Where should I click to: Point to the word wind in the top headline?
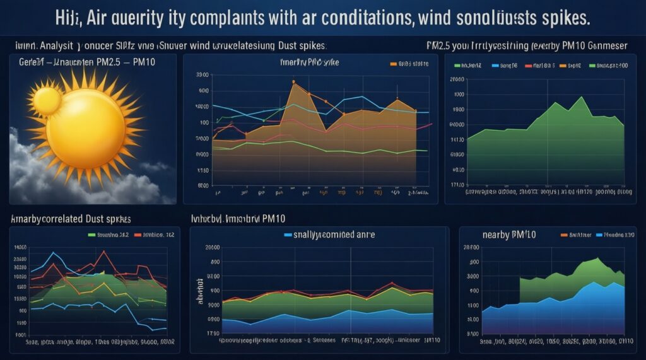tap(437, 18)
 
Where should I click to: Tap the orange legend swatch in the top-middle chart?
tap(393, 64)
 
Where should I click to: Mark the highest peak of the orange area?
tap(294, 83)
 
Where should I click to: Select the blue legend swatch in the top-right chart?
tap(495, 65)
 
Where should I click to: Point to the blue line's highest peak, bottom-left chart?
tap(54, 253)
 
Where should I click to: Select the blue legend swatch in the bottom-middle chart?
tap(288, 235)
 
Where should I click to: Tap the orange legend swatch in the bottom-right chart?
tap(564, 235)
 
